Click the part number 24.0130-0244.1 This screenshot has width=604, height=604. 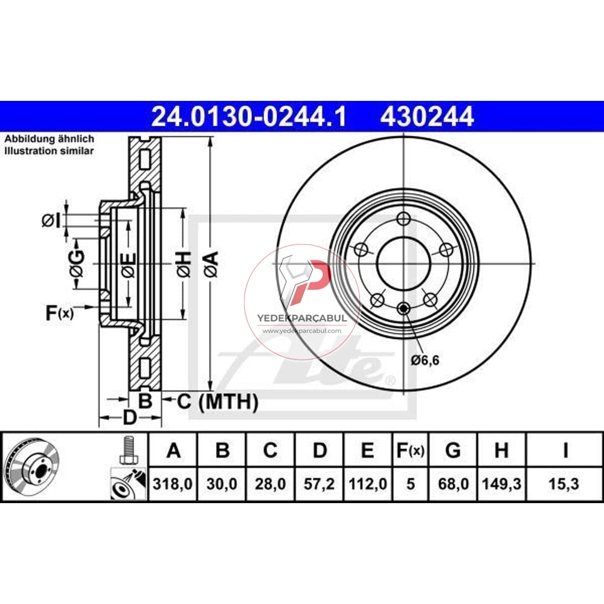(x=248, y=117)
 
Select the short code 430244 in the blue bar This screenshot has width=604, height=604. (x=426, y=117)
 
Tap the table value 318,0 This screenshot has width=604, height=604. (x=173, y=484)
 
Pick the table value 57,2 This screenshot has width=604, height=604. (x=320, y=484)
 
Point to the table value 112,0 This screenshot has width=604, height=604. (x=367, y=484)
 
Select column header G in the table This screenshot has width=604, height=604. (x=452, y=450)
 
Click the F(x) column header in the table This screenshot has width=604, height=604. (x=411, y=450)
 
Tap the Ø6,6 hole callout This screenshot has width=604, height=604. (x=425, y=361)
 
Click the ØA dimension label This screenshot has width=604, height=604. (x=210, y=263)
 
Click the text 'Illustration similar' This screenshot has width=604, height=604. (x=50, y=151)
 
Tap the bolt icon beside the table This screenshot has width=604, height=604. (x=127, y=450)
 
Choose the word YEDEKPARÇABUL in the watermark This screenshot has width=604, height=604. (x=302, y=318)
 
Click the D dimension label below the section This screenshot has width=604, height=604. (x=129, y=417)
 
